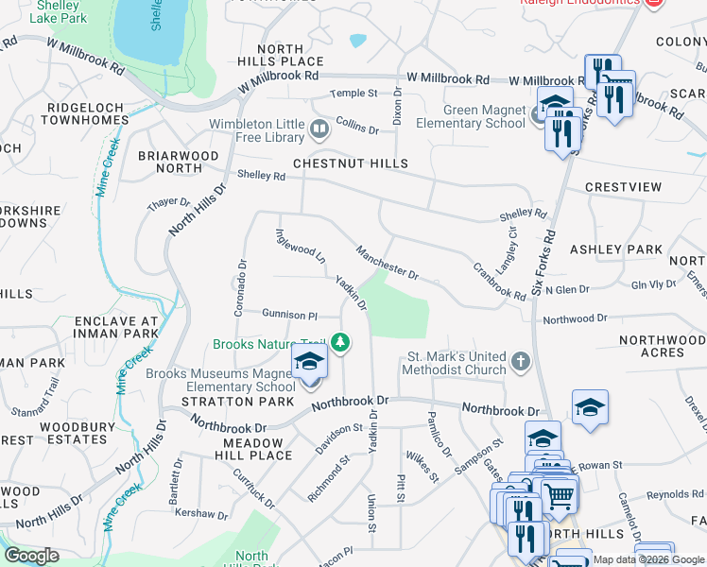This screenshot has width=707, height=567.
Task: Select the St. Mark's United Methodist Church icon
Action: click(x=519, y=362)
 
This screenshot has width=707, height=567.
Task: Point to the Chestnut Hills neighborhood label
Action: click(x=350, y=163)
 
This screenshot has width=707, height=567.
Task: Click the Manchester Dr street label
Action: click(x=387, y=263)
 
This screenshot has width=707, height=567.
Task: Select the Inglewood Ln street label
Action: click(x=300, y=245)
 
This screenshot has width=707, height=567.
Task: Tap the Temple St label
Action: click(x=353, y=94)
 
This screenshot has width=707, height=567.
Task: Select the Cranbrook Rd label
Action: click(x=499, y=282)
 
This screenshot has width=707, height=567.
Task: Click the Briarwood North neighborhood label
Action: click(x=179, y=162)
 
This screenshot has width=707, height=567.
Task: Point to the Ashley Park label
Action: click(x=615, y=249)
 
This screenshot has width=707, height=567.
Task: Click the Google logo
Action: click(x=32, y=556)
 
